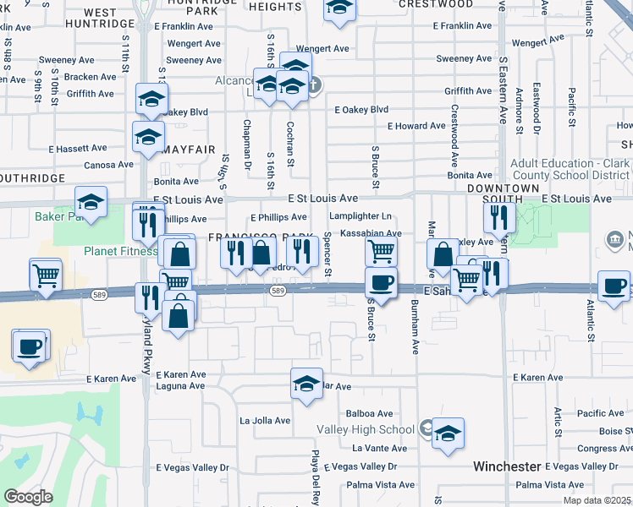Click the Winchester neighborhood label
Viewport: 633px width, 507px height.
pyautogui.click(x=507, y=466)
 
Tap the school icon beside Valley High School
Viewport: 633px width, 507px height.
pyautogui.click(x=448, y=434)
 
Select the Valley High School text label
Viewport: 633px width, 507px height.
pyautogui.click(x=366, y=429)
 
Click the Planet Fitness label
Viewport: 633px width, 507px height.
pyautogui.click(x=119, y=251)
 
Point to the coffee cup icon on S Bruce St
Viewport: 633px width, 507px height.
pyautogui.click(x=381, y=283)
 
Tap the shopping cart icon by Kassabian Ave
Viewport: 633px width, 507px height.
pyautogui.click(x=381, y=251)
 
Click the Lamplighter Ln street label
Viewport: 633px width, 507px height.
pyautogui.click(x=361, y=216)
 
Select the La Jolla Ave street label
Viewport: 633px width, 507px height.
pyautogui.click(x=265, y=420)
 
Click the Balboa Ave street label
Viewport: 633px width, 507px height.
pyautogui.click(x=369, y=414)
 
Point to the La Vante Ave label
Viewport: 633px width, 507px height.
pyautogui.click(x=379, y=448)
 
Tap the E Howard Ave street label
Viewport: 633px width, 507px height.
pyautogui.click(x=416, y=126)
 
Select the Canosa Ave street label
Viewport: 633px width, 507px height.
pyautogui.click(x=108, y=165)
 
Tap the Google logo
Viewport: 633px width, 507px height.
pyautogui.click(x=28, y=497)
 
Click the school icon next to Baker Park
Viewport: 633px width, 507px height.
pyautogui.click(x=91, y=203)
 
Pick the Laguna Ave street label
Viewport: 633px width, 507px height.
pyautogui.click(x=180, y=386)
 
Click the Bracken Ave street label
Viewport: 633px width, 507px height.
pyautogui.click(x=96, y=76)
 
